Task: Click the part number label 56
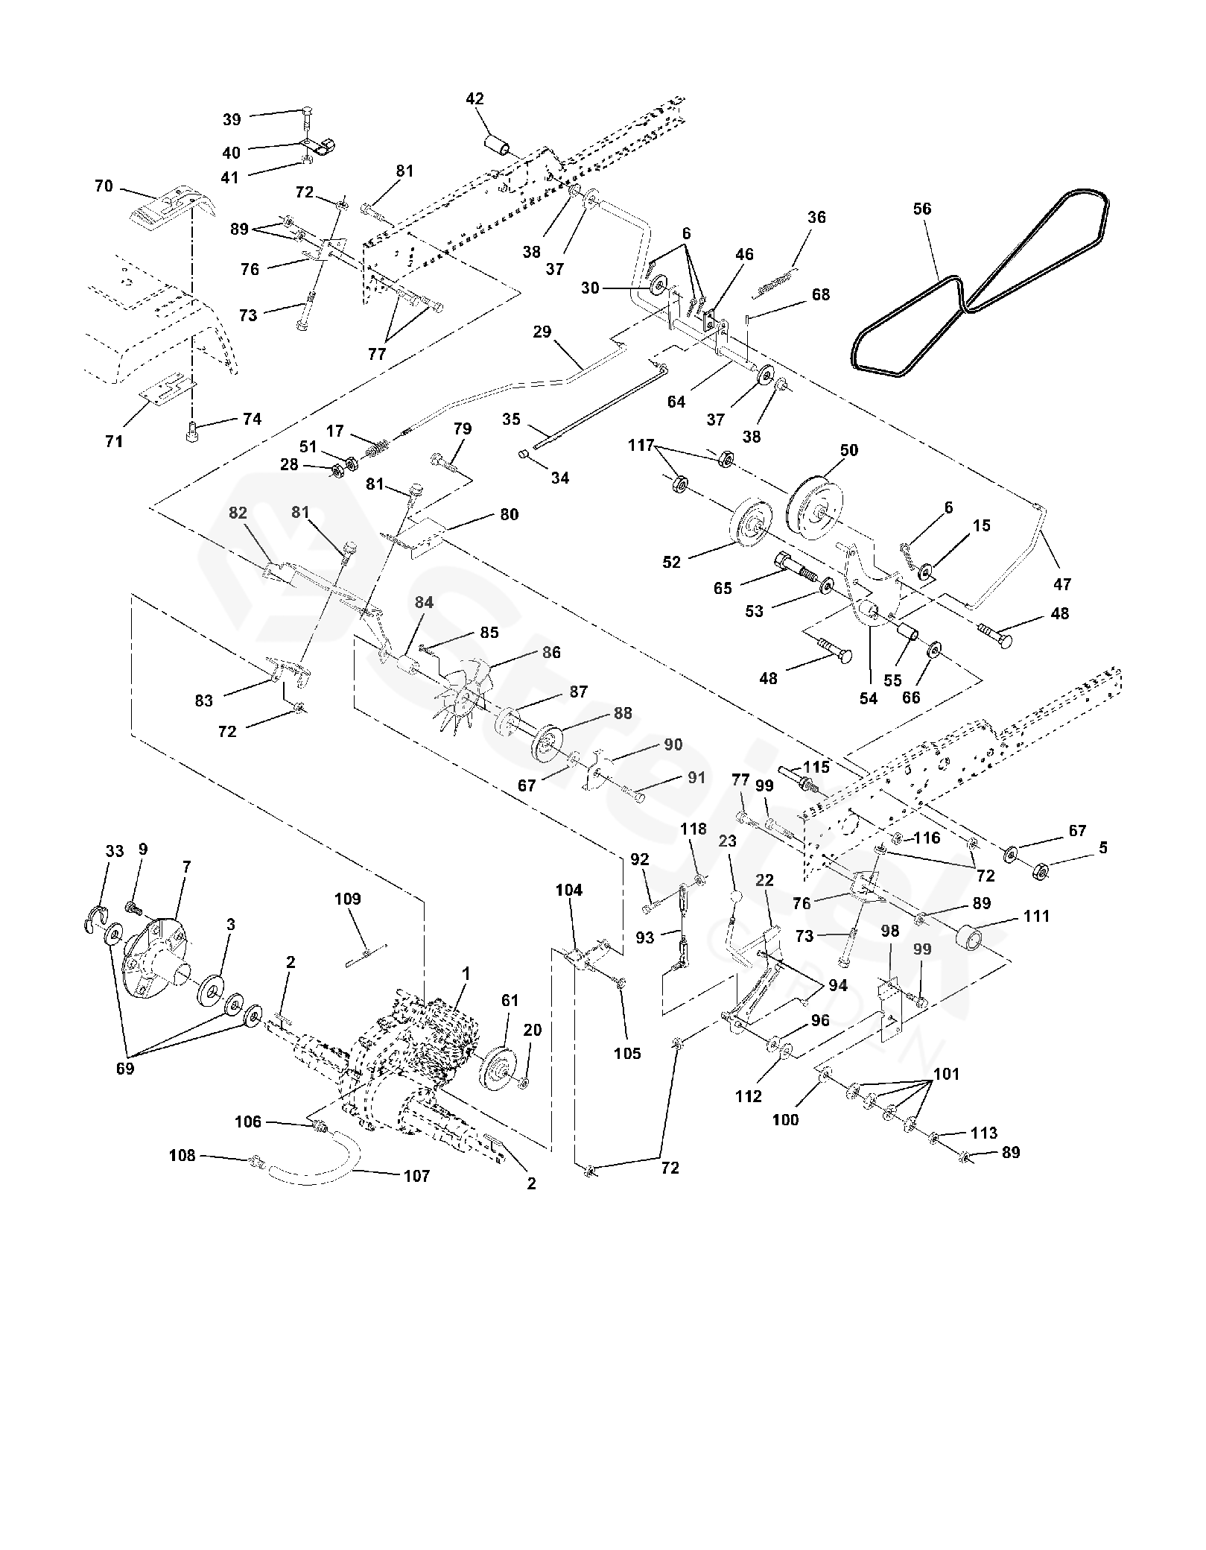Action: tap(922, 209)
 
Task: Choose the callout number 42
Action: tap(475, 99)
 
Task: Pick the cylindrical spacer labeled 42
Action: tap(498, 145)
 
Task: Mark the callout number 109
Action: tap(347, 899)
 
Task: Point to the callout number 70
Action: tap(104, 186)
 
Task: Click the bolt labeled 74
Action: tap(190, 430)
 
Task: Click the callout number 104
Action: tap(569, 890)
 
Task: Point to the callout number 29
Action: tap(542, 332)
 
